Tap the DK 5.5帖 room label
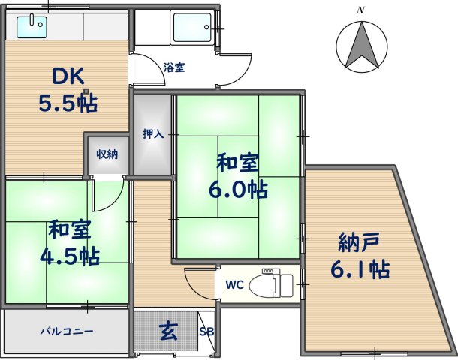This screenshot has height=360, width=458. (x=68, y=88)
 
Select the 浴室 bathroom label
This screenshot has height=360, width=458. (x=174, y=67)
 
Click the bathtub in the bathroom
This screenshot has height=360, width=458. (x=193, y=28)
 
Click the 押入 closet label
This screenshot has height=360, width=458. (x=153, y=134)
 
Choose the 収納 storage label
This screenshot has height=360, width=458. (x=107, y=154)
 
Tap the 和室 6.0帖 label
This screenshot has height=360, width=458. (x=239, y=175)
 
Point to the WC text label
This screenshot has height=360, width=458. (x=235, y=285)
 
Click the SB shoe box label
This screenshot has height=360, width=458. (x=206, y=331)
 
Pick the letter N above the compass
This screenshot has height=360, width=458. (x=361, y=10)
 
